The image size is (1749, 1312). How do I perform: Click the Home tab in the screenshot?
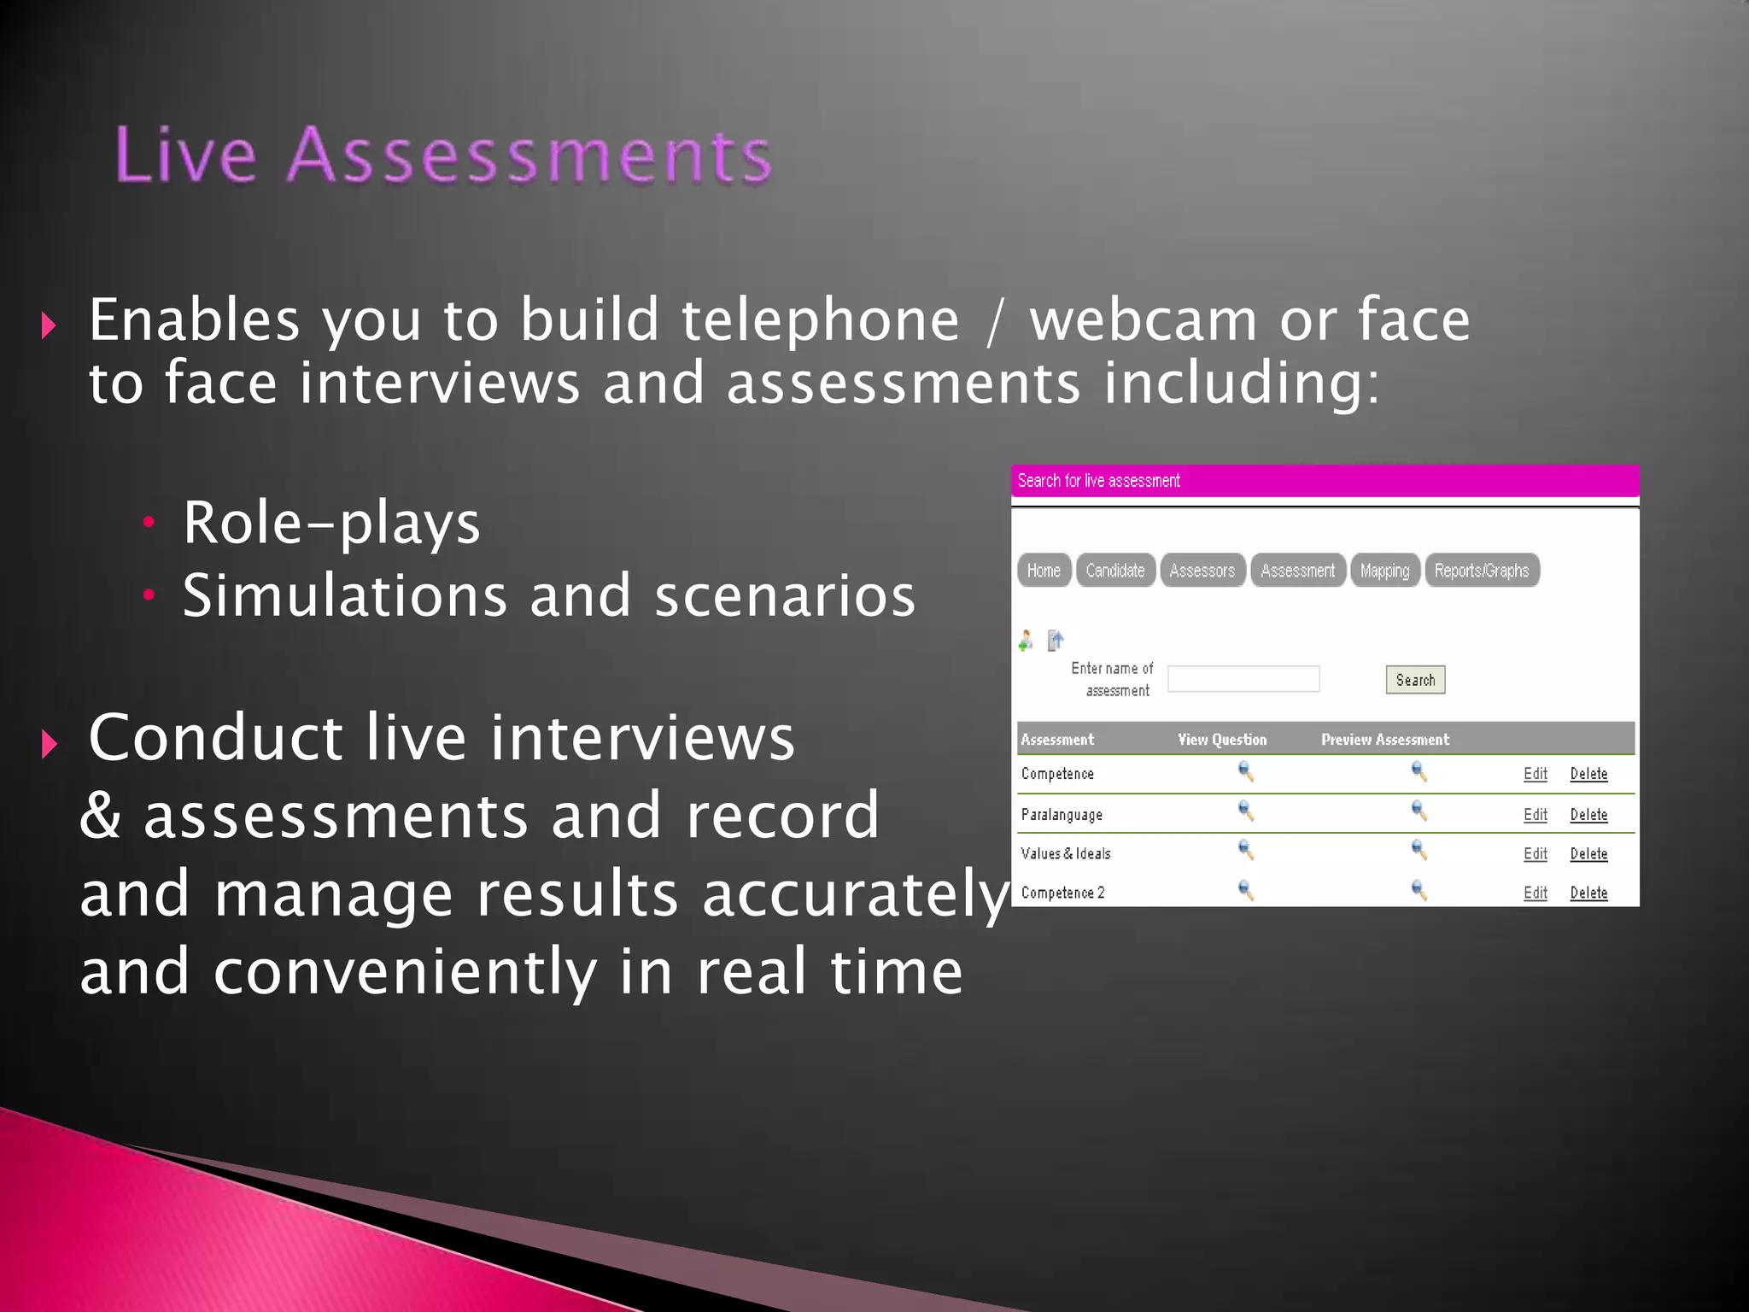[1044, 571]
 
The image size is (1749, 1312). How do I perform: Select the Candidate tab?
[1115, 571]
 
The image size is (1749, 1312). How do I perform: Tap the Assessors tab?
[1202, 571]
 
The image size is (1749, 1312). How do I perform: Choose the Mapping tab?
[1384, 571]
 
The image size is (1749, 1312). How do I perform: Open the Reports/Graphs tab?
[1482, 571]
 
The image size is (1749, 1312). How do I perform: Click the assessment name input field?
[1243, 679]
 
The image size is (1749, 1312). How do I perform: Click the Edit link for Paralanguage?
[1535, 815]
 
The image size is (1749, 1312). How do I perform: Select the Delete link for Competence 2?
[1588, 893]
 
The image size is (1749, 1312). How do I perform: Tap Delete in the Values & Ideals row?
[1588, 853]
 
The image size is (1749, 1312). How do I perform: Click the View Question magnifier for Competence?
[1246, 772]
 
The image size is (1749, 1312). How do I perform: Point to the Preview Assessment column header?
[1384, 740]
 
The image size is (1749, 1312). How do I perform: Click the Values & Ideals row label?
[1065, 853]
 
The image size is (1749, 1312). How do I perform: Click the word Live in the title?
[185, 155]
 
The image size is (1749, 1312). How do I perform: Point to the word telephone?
[820, 320]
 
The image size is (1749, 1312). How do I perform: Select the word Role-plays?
[331, 523]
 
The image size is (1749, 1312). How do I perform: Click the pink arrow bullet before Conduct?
[50, 743]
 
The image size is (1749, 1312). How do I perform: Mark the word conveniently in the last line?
[405, 972]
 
